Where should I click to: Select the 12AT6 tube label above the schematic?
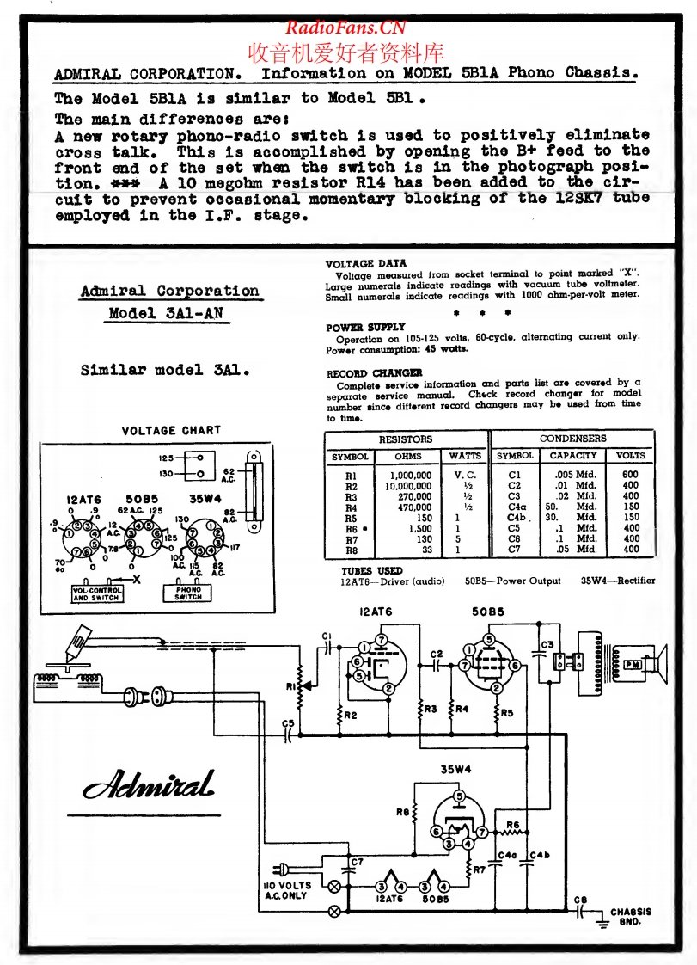coord(376,612)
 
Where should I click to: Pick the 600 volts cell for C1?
coord(631,475)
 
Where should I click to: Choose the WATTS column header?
coord(465,456)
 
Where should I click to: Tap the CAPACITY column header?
coord(572,456)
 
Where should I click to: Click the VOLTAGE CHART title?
coord(171,430)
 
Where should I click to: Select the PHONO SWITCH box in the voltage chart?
coord(188,593)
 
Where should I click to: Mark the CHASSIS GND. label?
coord(631,917)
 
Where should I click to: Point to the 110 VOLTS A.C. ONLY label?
coord(286,891)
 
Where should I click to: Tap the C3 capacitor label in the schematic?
coord(547,645)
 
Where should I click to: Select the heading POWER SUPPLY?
coord(365,328)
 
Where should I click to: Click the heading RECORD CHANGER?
coord(374,373)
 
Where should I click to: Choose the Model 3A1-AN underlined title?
coord(166,313)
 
